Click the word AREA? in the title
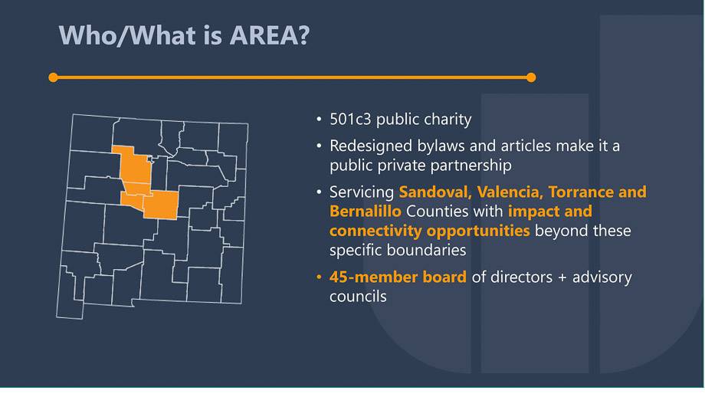(269, 35)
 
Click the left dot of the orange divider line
(53, 77)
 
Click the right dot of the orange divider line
(531, 77)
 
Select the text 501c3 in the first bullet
(350, 119)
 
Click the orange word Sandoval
(435, 192)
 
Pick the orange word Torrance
(580, 192)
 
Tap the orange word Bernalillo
(365, 212)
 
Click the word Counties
(437, 212)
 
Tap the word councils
(358, 297)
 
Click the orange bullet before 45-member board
(319, 277)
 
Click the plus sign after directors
(562, 277)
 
